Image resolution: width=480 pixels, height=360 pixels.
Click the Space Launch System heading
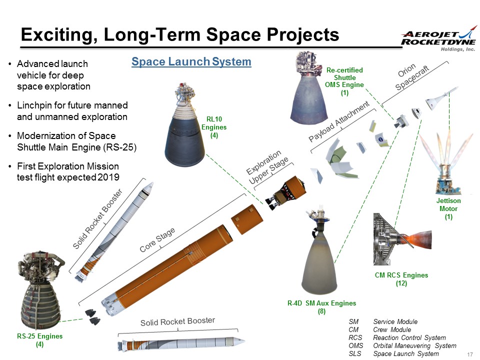click(x=191, y=62)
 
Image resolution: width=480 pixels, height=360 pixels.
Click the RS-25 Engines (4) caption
click(x=39, y=340)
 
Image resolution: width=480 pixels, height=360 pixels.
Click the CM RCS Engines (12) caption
click(x=401, y=279)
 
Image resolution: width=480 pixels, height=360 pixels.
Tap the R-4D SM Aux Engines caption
click(x=321, y=306)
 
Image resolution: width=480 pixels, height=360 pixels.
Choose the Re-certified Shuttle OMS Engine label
click(x=344, y=81)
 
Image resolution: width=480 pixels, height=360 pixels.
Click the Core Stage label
click(x=157, y=240)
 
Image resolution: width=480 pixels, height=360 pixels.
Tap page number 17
click(x=469, y=354)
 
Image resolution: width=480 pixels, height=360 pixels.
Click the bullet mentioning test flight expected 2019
click(x=68, y=171)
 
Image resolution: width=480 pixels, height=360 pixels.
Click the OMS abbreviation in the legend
click(x=355, y=345)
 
